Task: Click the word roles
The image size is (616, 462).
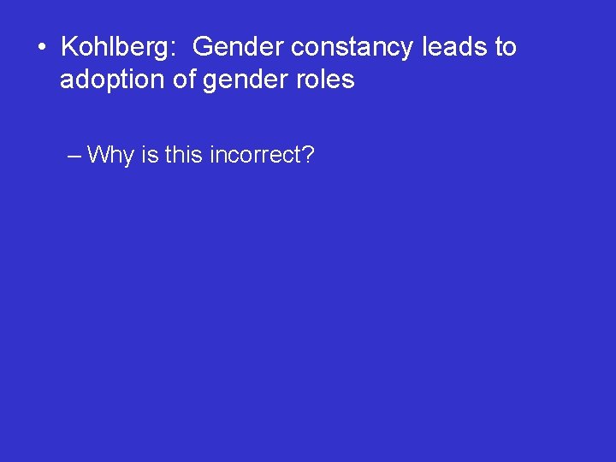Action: [x=323, y=80]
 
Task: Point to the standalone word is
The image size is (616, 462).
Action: [x=150, y=155]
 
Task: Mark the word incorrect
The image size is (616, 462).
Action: [x=254, y=155]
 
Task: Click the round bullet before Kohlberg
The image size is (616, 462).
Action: [x=41, y=47]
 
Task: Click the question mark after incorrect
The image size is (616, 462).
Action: [x=308, y=155]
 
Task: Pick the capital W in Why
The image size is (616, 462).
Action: [x=98, y=155]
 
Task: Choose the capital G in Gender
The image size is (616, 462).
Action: [x=204, y=47]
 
